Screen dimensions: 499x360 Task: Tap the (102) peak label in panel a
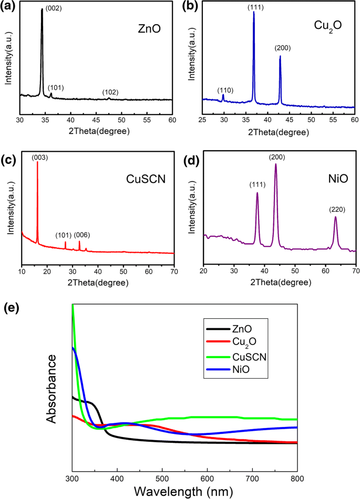click(x=110, y=92)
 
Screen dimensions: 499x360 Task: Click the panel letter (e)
click(x=11, y=308)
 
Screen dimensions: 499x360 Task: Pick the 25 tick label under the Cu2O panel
click(x=202, y=120)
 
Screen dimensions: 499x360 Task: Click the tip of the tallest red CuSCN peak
click(x=37, y=162)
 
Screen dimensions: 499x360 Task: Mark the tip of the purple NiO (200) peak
click(x=275, y=164)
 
